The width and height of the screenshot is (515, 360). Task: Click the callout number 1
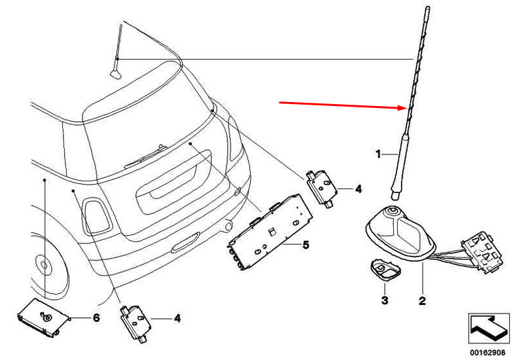tap(378, 154)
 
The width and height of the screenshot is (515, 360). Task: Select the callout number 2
tap(422, 300)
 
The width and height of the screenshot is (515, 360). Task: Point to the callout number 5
tap(306, 245)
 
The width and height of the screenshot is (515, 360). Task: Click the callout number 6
tap(96, 317)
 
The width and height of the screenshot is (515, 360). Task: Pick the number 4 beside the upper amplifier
tap(359, 189)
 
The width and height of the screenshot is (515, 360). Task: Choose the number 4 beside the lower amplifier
tap(177, 318)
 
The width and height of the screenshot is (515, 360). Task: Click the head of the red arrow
tap(405, 108)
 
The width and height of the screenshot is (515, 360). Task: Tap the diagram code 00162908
tap(487, 353)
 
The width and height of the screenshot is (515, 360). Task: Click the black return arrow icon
tap(489, 329)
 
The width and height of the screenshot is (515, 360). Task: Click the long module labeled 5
tap(270, 232)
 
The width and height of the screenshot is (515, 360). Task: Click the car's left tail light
tap(97, 215)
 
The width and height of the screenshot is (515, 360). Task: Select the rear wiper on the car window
tap(145, 156)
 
